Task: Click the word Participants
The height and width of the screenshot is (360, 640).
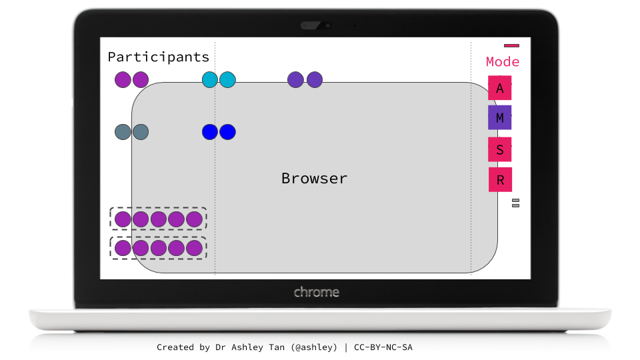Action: [159, 57]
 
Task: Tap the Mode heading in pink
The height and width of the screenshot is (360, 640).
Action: [503, 62]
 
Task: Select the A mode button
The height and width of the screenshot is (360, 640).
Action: [500, 88]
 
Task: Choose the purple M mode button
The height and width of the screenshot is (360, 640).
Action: [500, 118]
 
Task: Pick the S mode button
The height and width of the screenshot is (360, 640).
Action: [500, 149]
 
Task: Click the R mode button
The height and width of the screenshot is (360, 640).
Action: [500, 180]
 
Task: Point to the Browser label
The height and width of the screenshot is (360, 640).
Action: [314, 179]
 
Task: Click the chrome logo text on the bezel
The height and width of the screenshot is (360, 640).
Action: [317, 292]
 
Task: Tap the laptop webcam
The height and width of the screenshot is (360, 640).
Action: [326, 26]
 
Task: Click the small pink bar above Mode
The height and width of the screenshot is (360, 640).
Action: [511, 45]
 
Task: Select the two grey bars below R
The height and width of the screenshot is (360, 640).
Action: [515, 203]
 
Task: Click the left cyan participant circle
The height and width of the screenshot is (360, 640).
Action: [210, 80]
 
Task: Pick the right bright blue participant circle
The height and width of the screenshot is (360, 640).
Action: [228, 132]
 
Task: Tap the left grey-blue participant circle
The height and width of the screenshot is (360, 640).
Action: [123, 132]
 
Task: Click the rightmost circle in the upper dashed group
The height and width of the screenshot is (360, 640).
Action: [194, 219]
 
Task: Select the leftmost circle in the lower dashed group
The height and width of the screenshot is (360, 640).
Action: [123, 248]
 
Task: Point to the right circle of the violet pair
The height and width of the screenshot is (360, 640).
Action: [315, 80]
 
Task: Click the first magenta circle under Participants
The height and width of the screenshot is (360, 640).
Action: [123, 80]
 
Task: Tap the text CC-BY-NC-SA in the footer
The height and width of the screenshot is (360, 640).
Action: [387, 347]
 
